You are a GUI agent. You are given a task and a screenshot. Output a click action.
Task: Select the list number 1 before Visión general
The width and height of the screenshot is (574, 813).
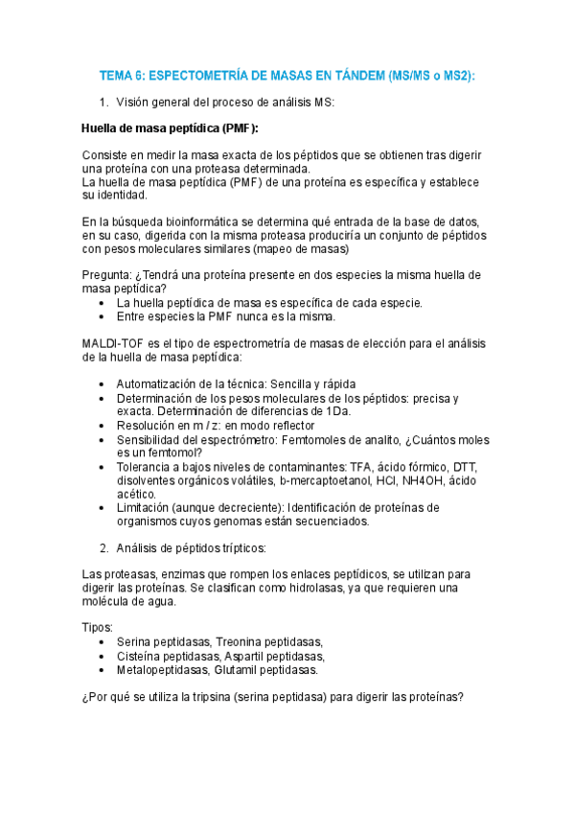pyautogui.click(x=103, y=102)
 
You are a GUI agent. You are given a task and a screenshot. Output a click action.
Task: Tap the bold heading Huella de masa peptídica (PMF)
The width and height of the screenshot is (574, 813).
pyautogui.click(x=170, y=128)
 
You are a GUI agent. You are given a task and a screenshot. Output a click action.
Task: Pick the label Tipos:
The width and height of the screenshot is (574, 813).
pyautogui.click(x=98, y=627)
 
